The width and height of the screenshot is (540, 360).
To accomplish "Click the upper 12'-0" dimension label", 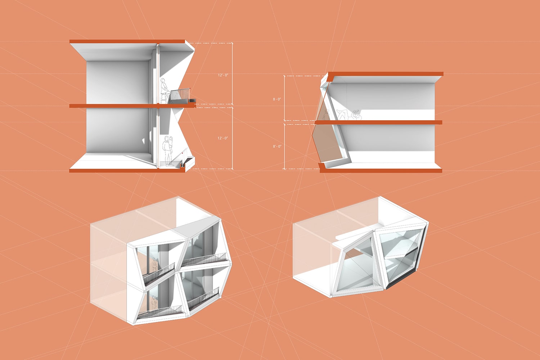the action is [x=223, y=75].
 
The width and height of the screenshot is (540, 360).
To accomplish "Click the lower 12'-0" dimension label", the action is [x=223, y=138].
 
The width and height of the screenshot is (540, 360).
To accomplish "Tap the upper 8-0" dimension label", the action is [x=277, y=99].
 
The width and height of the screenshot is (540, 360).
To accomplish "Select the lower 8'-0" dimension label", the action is [x=277, y=147].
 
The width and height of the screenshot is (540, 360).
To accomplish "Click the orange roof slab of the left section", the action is [x=127, y=41].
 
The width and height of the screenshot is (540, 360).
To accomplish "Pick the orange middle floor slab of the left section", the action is [x=132, y=105].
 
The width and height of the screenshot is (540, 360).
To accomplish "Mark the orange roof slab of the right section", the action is [x=386, y=74].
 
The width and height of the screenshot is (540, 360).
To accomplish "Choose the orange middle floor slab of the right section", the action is [x=378, y=122].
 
